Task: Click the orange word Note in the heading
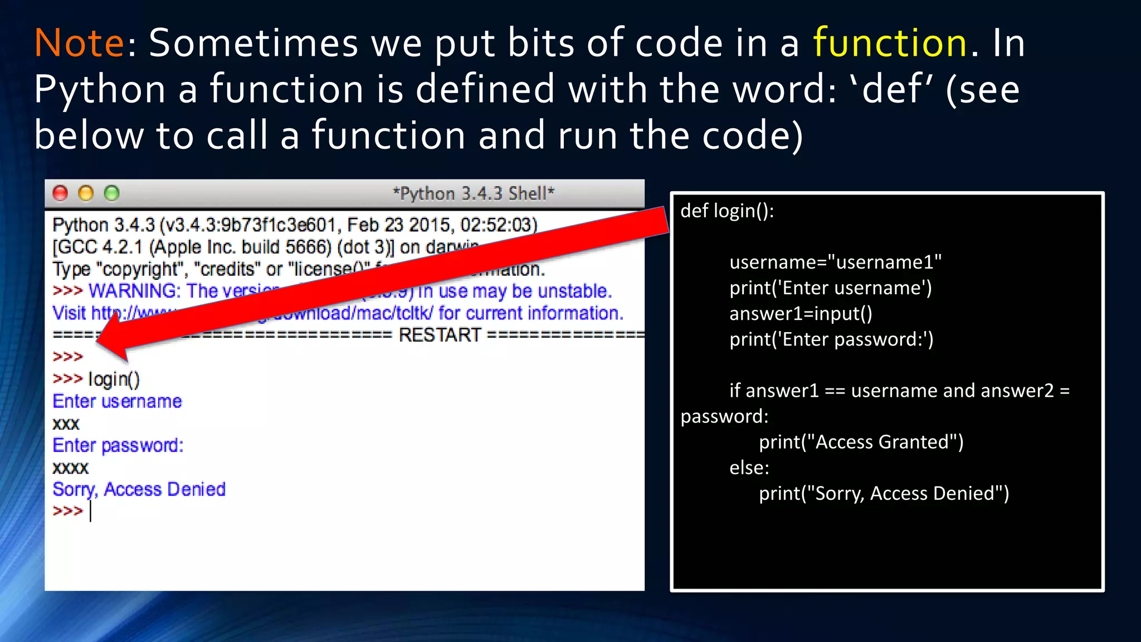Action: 79,43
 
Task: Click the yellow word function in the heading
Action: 890,43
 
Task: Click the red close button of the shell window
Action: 60,193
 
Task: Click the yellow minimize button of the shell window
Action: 86,193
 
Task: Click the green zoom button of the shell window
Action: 112,193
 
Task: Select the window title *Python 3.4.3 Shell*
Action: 474,193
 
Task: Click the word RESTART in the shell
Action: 440,335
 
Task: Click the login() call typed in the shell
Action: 114,379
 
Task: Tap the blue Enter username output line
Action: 117,401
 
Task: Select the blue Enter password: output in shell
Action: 118,445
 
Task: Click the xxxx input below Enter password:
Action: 70,468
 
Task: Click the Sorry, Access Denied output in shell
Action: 139,489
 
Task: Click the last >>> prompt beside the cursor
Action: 67,511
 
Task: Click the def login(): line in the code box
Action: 726,211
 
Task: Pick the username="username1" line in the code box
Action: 835,262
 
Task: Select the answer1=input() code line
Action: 801,313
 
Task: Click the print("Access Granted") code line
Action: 861,442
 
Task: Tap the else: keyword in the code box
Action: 749,468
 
